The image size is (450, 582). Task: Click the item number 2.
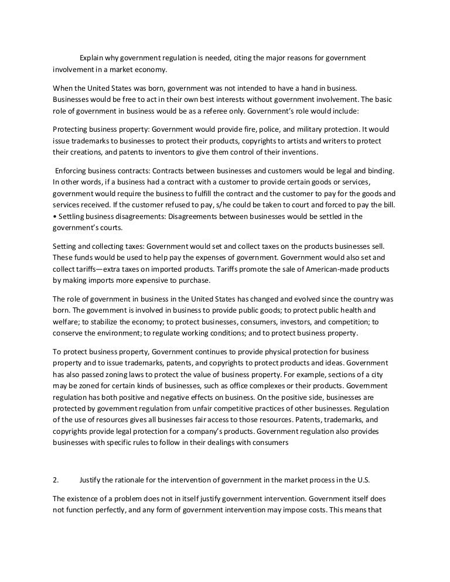pyautogui.click(x=56, y=480)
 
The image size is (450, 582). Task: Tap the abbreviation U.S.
pyautogui.click(x=363, y=480)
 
